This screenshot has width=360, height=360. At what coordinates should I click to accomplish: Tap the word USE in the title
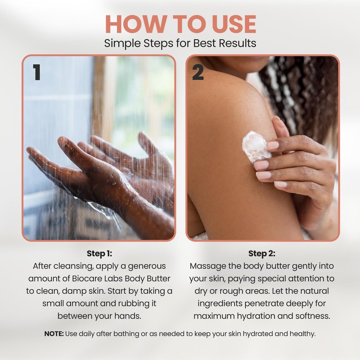click(x=234, y=24)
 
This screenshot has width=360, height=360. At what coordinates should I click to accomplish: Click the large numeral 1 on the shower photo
click(x=37, y=72)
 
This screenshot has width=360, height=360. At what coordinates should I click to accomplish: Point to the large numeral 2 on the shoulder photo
click(x=198, y=72)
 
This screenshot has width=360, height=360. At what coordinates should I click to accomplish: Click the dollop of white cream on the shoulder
click(x=256, y=147)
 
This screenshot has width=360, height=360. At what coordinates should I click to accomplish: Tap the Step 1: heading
click(x=99, y=253)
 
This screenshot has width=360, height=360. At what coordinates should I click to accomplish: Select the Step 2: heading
click(x=262, y=253)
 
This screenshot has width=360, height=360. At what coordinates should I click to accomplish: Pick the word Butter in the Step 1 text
click(x=158, y=279)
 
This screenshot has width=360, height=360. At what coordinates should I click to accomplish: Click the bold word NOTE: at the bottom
click(x=54, y=333)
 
